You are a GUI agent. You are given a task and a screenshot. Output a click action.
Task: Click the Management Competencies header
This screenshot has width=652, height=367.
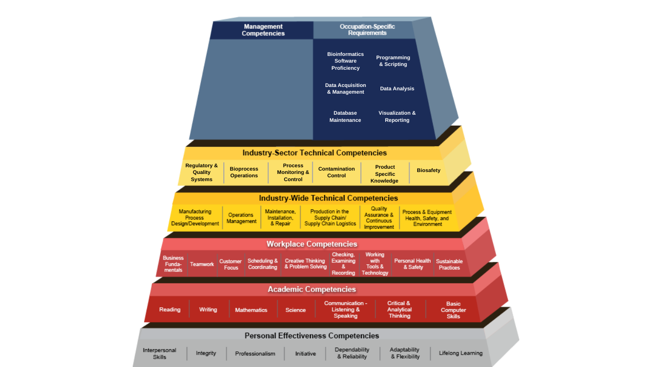[x=263, y=30]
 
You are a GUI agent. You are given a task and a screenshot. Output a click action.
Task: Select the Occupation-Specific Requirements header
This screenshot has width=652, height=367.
[x=367, y=30]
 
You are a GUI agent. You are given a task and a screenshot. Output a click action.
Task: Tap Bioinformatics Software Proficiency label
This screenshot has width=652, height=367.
[x=346, y=61]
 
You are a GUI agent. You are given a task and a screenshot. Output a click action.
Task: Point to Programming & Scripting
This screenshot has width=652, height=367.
[x=393, y=61]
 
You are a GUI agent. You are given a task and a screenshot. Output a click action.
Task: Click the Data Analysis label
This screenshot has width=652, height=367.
[x=397, y=88]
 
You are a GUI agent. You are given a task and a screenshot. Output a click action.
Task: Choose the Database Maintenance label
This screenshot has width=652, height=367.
[x=345, y=116]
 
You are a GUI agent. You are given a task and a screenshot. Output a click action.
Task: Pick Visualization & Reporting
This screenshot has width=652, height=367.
[x=397, y=116]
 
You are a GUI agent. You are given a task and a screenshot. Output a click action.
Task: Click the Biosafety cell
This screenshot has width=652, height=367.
[x=429, y=170]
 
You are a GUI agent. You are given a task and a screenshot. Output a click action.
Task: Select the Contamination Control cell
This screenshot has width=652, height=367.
[x=337, y=172]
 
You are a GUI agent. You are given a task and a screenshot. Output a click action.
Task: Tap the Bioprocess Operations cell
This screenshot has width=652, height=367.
[x=244, y=172]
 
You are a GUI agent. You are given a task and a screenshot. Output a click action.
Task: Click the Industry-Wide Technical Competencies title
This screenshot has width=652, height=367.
[x=328, y=198]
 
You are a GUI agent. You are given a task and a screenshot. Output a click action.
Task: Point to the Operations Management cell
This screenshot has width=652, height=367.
[x=242, y=218]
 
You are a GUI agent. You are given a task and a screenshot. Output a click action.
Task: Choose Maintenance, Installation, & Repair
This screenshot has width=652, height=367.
[x=280, y=217]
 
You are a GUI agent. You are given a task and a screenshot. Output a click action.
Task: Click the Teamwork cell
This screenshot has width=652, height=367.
[x=202, y=264]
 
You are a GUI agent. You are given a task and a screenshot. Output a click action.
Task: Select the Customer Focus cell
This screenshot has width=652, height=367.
[x=231, y=264]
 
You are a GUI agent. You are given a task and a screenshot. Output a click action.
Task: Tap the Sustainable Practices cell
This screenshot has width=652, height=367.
[x=449, y=264]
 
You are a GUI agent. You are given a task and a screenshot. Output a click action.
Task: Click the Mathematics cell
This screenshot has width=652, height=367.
[x=251, y=310]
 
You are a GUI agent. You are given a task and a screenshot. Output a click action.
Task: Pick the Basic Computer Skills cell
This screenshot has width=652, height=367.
[x=453, y=310]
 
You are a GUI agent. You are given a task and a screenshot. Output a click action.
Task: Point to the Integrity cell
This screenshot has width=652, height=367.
[x=206, y=353]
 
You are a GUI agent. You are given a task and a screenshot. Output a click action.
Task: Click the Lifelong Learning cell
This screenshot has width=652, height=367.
[x=461, y=353]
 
